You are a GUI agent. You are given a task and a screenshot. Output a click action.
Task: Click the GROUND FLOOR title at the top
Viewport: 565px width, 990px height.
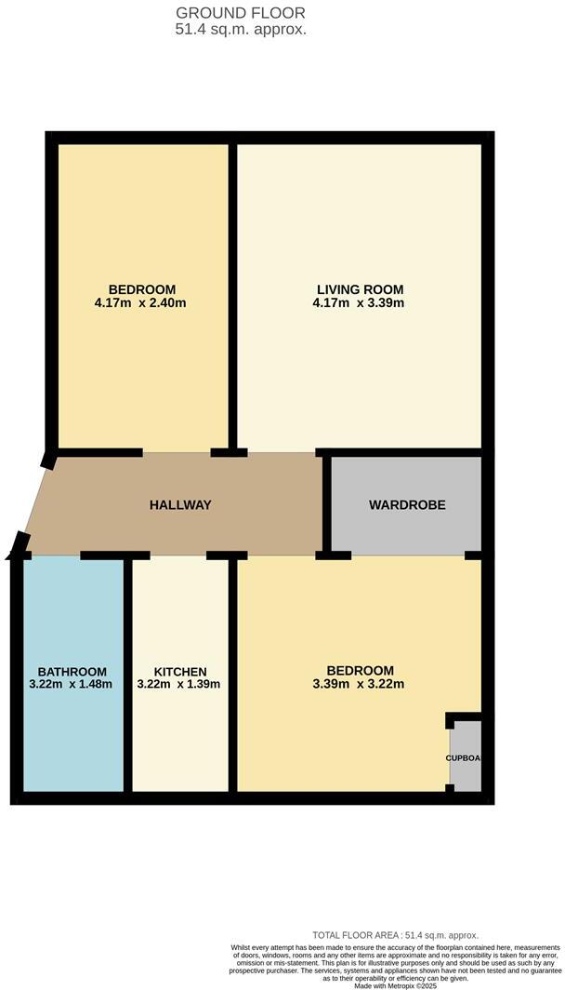pos(241,13)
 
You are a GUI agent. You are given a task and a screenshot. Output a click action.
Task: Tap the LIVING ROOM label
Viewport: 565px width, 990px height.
pos(360,289)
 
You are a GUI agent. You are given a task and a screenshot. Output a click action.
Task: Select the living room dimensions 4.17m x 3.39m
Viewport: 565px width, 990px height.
pos(360,302)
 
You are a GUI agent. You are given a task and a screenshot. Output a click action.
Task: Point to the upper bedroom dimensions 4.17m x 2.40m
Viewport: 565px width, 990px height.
pos(141,302)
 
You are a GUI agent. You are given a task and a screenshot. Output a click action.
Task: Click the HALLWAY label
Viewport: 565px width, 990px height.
pos(180,505)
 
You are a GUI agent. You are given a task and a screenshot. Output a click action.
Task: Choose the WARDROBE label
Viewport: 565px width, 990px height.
pos(407,505)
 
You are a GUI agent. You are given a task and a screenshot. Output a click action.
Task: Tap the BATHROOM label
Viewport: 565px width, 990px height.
pos(72,672)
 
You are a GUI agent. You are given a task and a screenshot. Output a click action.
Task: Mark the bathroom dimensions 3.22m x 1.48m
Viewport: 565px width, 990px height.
pos(72,685)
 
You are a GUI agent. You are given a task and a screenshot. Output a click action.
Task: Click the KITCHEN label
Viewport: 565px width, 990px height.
pos(179,672)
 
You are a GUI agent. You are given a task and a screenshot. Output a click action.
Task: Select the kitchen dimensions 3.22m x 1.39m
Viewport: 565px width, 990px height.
pos(179,685)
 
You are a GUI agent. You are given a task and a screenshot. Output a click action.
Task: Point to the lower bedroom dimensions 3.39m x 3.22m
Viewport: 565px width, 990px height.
pos(360,684)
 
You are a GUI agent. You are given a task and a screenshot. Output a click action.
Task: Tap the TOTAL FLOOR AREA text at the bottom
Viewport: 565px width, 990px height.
pos(395,935)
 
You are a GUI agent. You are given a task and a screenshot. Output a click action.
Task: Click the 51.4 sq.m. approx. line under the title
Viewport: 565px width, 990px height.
pos(241,29)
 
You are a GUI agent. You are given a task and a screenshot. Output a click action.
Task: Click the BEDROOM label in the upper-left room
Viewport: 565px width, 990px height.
pos(141,289)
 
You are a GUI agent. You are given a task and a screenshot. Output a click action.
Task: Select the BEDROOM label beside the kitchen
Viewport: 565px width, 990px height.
pos(360,671)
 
